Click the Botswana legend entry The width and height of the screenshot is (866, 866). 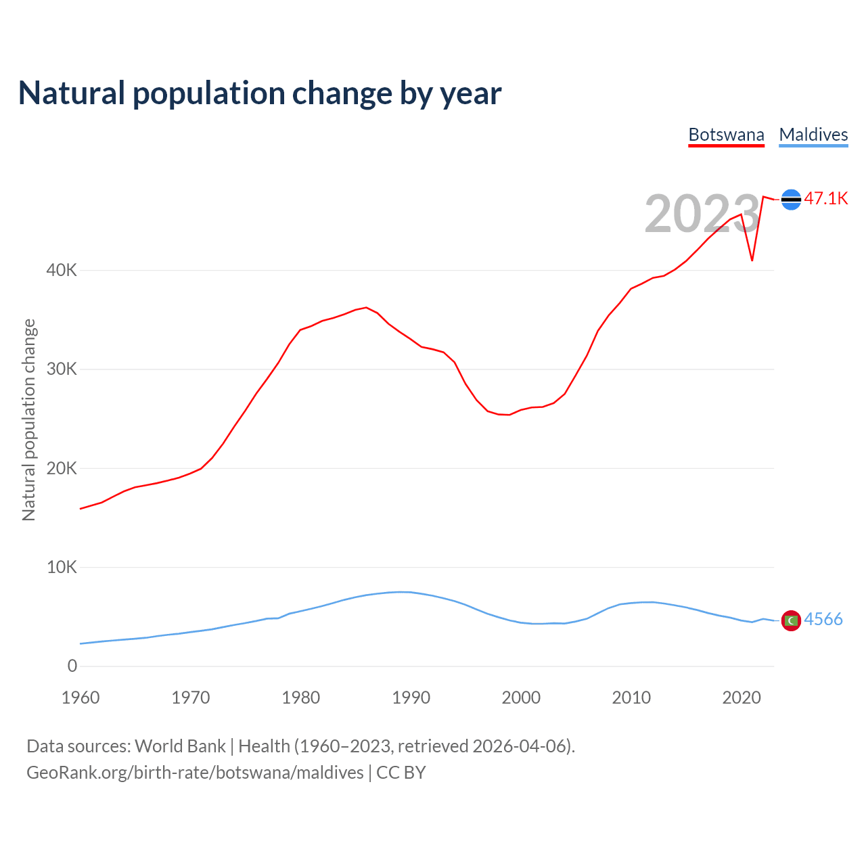726,135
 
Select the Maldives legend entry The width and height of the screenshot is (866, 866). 813,135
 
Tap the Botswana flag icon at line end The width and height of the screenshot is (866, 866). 791,200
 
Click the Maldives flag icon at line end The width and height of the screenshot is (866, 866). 791,620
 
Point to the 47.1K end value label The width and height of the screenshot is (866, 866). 826,198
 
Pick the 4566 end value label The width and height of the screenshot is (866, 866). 823,619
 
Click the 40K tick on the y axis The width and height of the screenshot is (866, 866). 62,270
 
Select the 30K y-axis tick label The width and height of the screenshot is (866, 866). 62,369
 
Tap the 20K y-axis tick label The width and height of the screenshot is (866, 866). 62,468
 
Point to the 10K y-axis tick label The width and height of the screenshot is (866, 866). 62,567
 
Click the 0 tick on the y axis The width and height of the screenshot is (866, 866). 72,666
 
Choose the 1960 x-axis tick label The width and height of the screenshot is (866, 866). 81,698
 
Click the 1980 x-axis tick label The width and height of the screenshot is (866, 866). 301,698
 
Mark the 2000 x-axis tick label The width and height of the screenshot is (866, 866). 521,698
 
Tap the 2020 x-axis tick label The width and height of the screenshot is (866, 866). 742,698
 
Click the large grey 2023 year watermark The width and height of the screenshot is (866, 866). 702,214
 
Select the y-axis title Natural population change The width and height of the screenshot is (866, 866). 29,419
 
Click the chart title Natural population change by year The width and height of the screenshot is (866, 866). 260,93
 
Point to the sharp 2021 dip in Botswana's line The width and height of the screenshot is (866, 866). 752,260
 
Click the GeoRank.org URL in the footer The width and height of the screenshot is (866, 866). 195,773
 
